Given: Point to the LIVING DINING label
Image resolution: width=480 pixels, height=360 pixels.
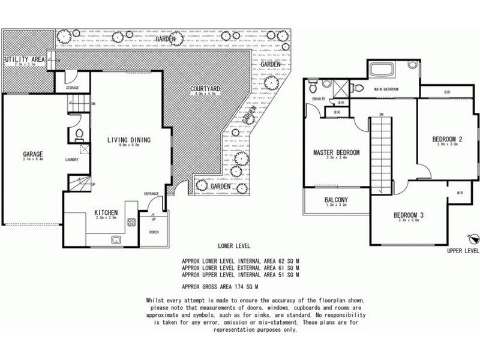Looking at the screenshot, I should (x=128, y=140).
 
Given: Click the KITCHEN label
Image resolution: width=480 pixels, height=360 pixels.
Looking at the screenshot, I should (x=105, y=213).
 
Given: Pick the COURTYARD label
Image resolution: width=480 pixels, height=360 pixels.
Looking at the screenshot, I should (x=203, y=90).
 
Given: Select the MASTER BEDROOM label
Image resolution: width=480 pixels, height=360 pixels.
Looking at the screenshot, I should (x=336, y=153).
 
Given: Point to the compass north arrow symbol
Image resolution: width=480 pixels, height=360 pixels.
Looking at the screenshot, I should (x=472, y=238).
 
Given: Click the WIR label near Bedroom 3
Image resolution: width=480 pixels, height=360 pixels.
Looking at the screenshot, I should (x=460, y=193).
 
